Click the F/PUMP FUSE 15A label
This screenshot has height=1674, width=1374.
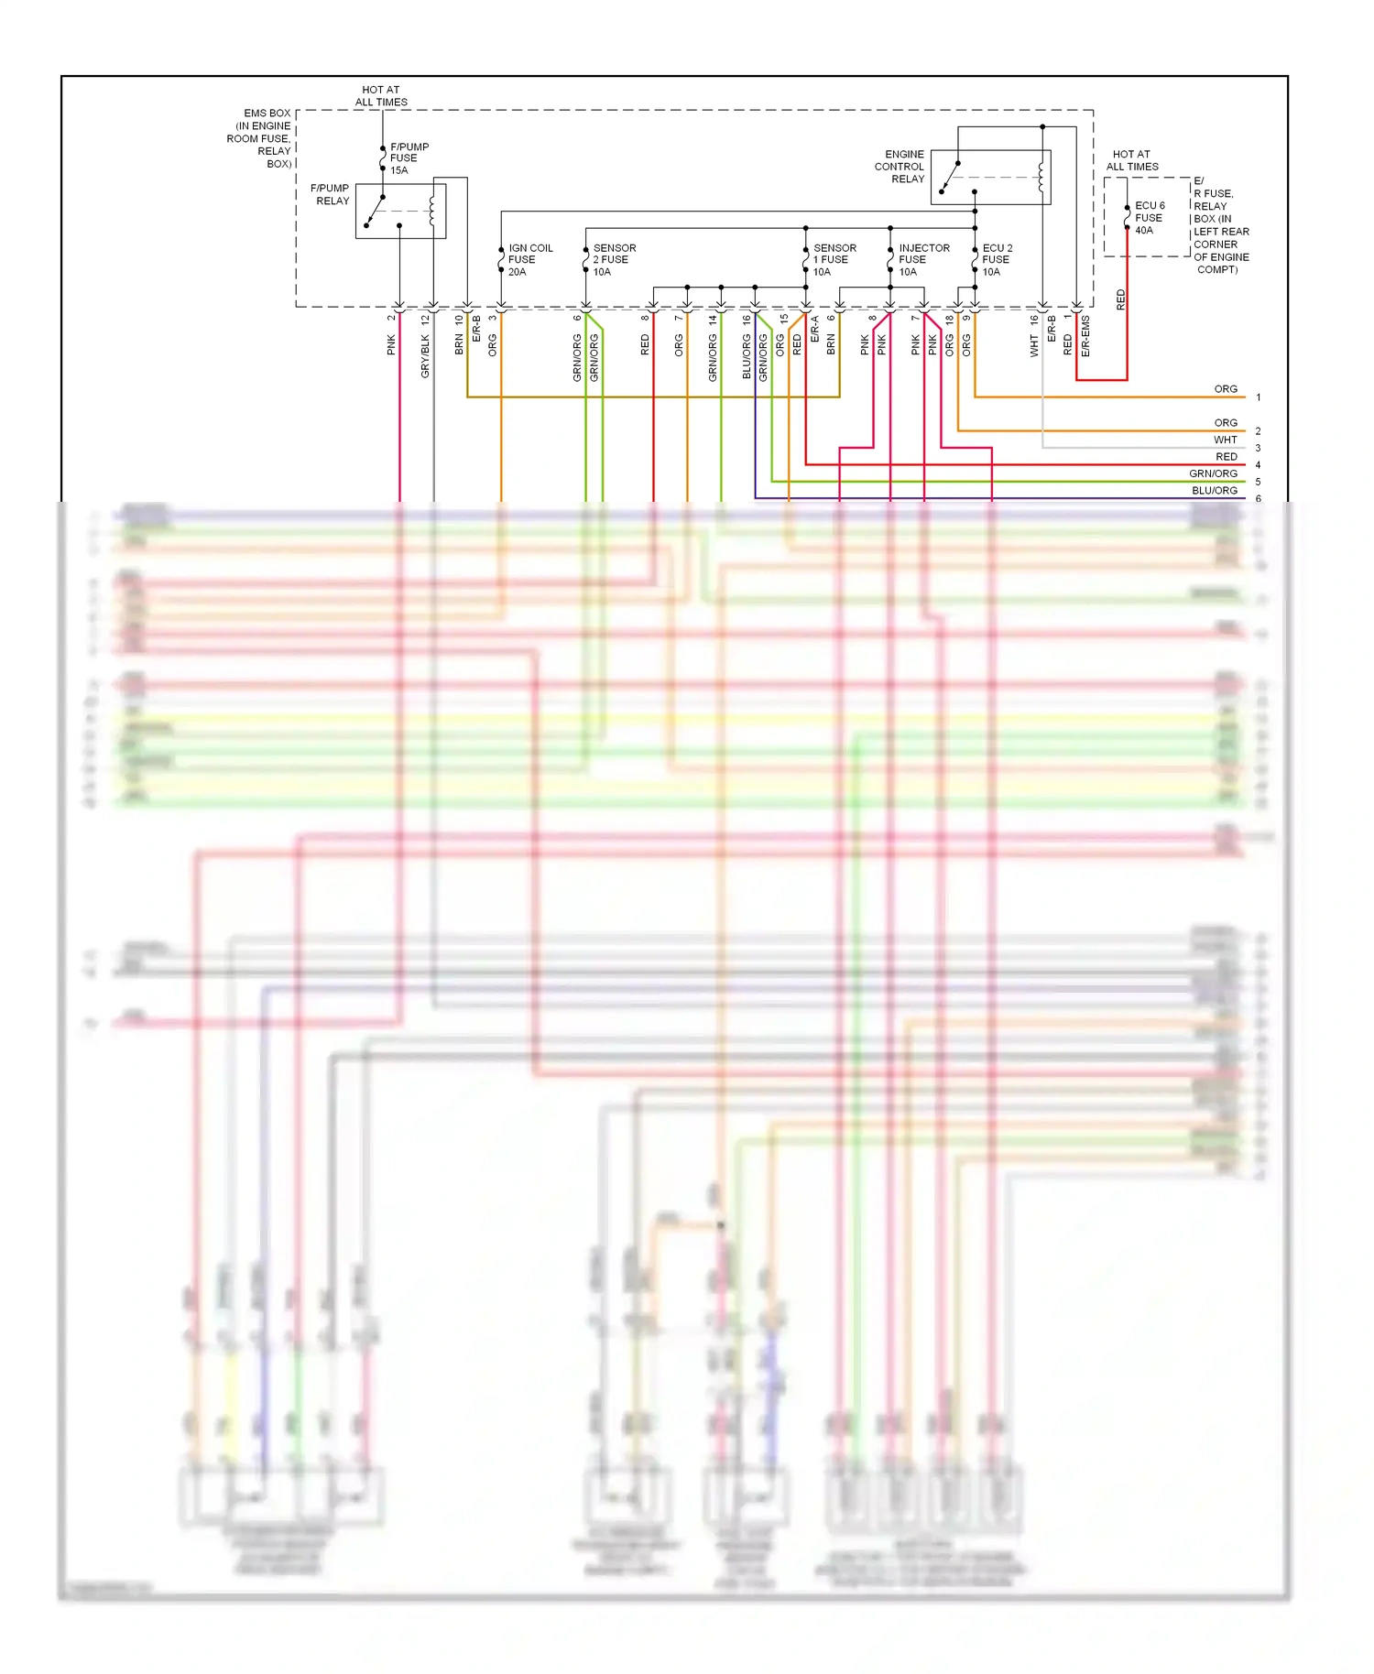409,158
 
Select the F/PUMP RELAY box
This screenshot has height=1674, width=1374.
400,212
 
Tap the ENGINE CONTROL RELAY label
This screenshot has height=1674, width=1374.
900,167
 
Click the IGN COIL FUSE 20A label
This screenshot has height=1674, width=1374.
529,260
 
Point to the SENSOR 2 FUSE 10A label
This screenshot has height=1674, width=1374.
613,260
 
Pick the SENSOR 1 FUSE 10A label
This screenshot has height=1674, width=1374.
834,260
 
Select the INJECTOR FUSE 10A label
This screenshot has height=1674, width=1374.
922,260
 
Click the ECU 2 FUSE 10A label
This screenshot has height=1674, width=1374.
997,260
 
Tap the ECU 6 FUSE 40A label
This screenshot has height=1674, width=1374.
1149,218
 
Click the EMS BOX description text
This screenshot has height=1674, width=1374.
261,138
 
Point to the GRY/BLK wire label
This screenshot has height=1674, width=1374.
425,356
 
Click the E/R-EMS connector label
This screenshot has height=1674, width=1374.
1085,336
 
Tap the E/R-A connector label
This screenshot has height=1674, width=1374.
814,330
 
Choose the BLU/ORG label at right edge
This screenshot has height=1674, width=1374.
1214,491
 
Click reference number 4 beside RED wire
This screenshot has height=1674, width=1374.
1258,465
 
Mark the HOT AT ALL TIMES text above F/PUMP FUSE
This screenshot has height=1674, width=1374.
381,96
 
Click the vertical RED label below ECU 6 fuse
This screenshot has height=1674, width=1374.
1120,299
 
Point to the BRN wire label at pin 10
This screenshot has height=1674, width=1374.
459,344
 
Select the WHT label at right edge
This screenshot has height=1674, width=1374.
1225,440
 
